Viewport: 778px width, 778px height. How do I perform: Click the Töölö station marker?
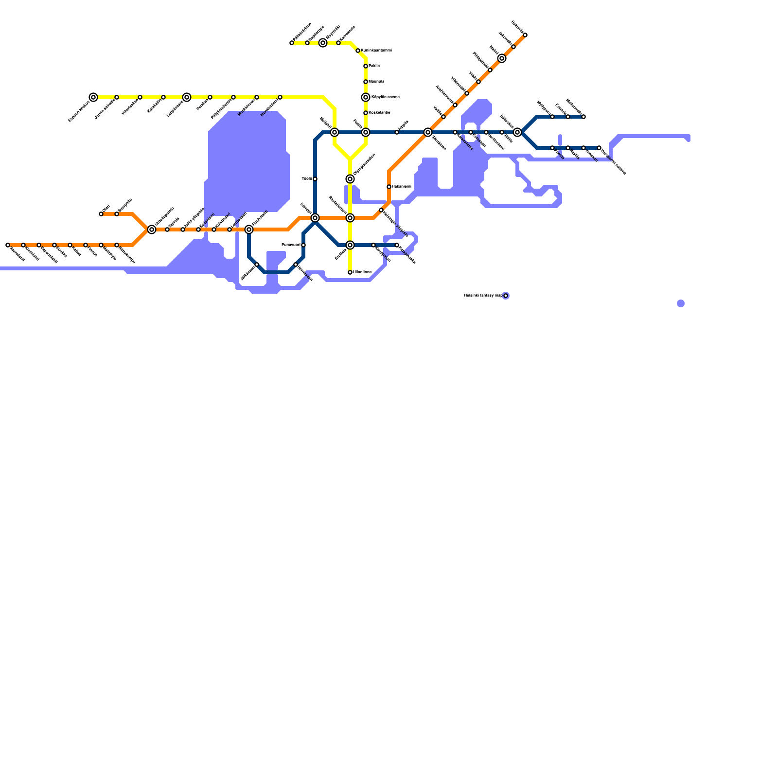coord(315,179)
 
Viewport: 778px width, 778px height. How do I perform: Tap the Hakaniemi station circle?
coord(389,187)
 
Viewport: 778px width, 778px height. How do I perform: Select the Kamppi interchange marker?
coord(315,218)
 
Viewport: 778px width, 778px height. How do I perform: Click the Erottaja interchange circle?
coord(350,245)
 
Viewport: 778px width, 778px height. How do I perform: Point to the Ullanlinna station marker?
coord(350,272)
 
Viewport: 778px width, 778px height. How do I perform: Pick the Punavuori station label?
coord(291,245)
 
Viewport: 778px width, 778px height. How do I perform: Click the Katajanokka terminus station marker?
coord(397,245)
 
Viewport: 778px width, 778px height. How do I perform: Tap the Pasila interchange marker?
coord(366,132)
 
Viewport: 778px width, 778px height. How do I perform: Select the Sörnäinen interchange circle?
coord(428,132)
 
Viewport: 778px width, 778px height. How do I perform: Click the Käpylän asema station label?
coord(385,97)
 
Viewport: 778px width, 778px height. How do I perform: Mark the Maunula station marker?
coord(366,82)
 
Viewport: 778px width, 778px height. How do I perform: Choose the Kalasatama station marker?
coord(455,132)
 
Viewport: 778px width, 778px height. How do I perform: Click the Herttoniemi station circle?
coord(486,132)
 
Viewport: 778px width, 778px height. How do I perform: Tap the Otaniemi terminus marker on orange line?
coord(101,214)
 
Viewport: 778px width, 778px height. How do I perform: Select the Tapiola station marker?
coord(167,230)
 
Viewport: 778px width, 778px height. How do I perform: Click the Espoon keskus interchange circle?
coord(93,97)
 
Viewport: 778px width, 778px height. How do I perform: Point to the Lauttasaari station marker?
coord(230,230)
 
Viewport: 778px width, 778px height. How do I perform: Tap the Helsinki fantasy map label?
coord(483,296)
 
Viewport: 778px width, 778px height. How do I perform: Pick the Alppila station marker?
coord(397,132)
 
